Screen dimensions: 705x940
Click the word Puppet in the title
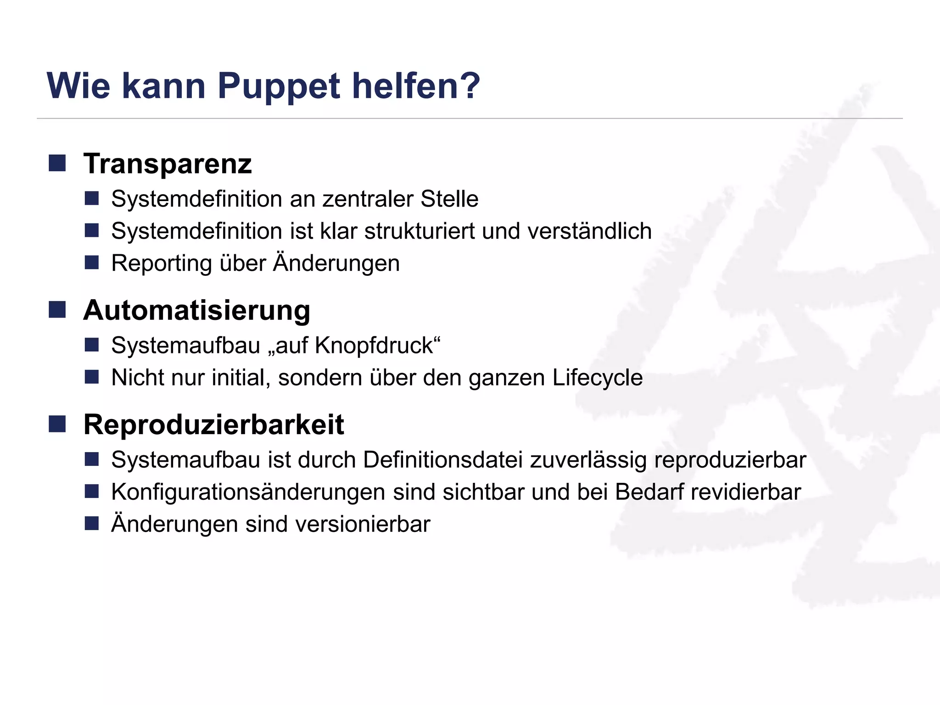pyautogui.click(x=279, y=86)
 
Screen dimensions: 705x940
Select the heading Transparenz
pyautogui.click(x=168, y=164)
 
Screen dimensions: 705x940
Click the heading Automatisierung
pyautogui.click(x=197, y=310)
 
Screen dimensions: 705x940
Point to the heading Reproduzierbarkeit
pyautogui.click(x=213, y=424)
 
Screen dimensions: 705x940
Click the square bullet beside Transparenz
pyautogui.click(x=57, y=163)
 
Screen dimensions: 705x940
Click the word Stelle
pyautogui.click(x=449, y=199)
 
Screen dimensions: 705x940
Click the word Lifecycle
pyautogui.click(x=597, y=378)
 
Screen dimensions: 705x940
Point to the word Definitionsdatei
pyautogui.click(x=443, y=460)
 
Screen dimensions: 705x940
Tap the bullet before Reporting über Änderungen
pyautogui.click(x=92, y=263)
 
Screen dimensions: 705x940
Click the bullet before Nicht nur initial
pyautogui.click(x=92, y=377)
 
